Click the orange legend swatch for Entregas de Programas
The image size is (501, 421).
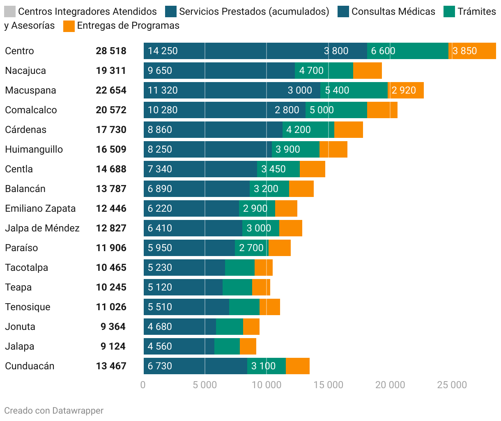coord(69,26)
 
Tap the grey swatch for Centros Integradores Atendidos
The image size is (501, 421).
coord(9,11)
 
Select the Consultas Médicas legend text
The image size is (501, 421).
coord(393,11)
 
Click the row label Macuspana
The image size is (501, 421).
coord(30,90)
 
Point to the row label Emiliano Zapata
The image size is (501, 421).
coord(40,208)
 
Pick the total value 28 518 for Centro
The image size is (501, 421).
coord(111,51)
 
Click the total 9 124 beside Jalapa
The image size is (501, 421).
coord(113,346)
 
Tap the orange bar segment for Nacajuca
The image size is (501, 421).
coord(367,71)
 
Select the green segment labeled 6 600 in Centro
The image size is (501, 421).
coord(407,51)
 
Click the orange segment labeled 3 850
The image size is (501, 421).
coord(472,51)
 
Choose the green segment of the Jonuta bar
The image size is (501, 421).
coord(229,327)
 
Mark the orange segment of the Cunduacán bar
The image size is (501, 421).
coord(297,366)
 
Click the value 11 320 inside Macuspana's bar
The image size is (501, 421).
coord(163,90)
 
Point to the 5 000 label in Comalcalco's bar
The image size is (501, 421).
coord(322,110)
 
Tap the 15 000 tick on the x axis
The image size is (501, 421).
coord(328,385)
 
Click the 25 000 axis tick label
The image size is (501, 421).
coord(452,385)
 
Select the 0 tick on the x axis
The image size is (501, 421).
coord(143,385)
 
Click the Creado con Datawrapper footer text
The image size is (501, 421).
coord(54,411)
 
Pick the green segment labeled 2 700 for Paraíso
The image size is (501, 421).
coord(251,248)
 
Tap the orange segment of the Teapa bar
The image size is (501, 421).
coord(261,287)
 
